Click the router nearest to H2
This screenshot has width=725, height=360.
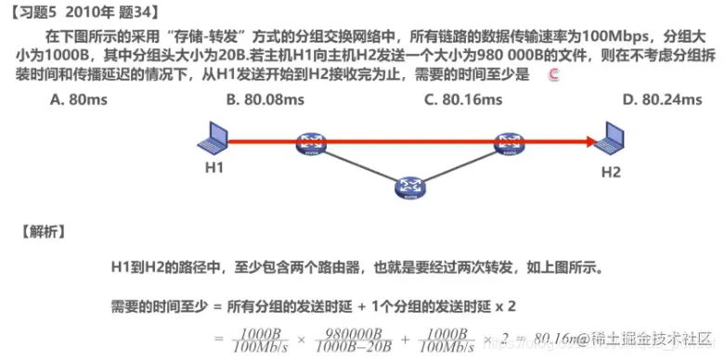[x=508, y=143]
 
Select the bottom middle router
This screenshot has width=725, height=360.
[x=409, y=188]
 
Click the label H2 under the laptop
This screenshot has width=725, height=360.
[x=611, y=172]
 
